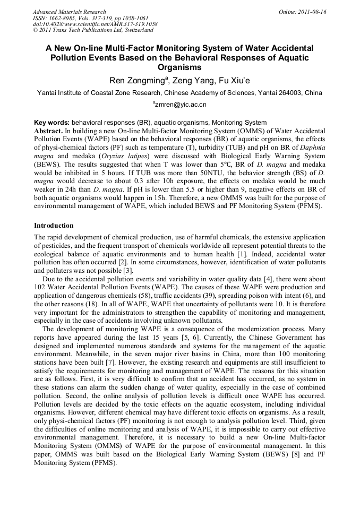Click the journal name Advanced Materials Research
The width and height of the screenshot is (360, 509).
[70, 12]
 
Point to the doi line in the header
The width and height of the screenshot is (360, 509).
[95, 24]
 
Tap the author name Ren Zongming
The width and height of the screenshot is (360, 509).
[138, 81]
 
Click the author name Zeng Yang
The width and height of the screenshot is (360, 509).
[193, 81]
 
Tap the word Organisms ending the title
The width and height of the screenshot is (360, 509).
[180, 67]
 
